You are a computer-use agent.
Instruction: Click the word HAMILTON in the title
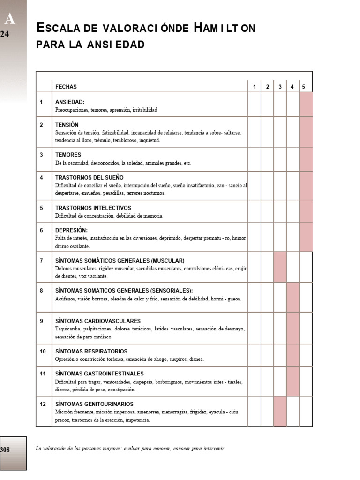225,28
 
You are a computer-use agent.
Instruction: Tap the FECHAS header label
66,87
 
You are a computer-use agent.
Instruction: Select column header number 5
304,87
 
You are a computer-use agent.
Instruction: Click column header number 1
255,87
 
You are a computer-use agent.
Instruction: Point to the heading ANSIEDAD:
70,102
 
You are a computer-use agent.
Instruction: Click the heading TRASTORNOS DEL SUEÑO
90,177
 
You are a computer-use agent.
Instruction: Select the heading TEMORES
68,155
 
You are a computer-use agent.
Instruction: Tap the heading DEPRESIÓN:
72,230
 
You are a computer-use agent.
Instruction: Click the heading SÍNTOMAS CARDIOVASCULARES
98,321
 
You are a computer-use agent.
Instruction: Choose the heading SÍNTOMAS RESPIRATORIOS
91,351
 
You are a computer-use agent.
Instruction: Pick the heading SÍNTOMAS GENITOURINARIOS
94,404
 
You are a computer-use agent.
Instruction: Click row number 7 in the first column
42,261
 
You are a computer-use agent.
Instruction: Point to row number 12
43,404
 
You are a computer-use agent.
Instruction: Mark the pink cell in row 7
280,267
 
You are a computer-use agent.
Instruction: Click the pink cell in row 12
280,411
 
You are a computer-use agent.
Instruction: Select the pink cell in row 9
292,328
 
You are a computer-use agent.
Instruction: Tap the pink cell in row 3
306,159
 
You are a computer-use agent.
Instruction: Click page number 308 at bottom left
6,450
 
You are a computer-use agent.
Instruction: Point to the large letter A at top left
10,19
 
